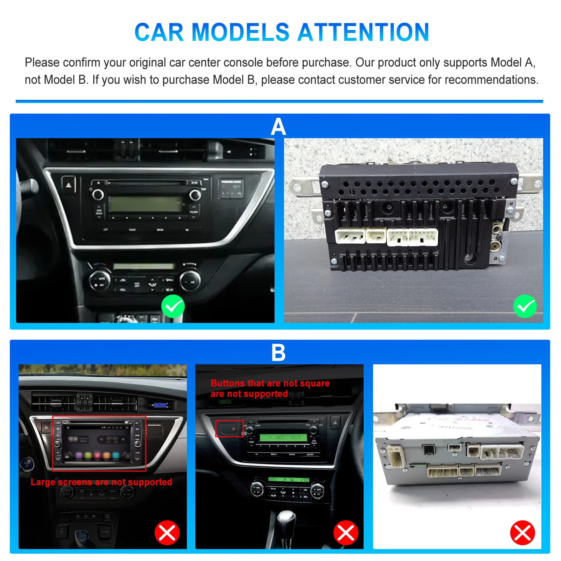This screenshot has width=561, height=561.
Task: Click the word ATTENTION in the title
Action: click(x=363, y=32)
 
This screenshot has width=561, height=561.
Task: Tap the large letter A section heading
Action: click(x=278, y=127)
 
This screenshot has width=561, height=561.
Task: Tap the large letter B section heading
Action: click(x=278, y=352)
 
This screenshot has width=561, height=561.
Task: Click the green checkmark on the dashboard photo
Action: click(x=173, y=306)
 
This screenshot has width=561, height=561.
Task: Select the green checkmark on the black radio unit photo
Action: click(x=525, y=306)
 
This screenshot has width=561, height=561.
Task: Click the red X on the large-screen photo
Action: click(x=167, y=533)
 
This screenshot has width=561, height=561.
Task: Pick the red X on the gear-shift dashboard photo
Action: click(x=346, y=533)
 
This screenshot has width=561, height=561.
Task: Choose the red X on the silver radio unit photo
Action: click(x=522, y=533)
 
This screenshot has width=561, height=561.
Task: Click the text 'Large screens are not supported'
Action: click(x=101, y=482)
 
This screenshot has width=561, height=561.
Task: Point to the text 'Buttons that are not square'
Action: click(x=270, y=383)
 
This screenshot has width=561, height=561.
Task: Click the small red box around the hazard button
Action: click(x=229, y=428)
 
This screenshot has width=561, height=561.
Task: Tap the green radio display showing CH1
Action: click(x=283, y=437)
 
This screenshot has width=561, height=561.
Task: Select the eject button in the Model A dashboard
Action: click(x=68, y=184)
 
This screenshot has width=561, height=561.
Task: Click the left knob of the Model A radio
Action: click(x=98, y=194)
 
